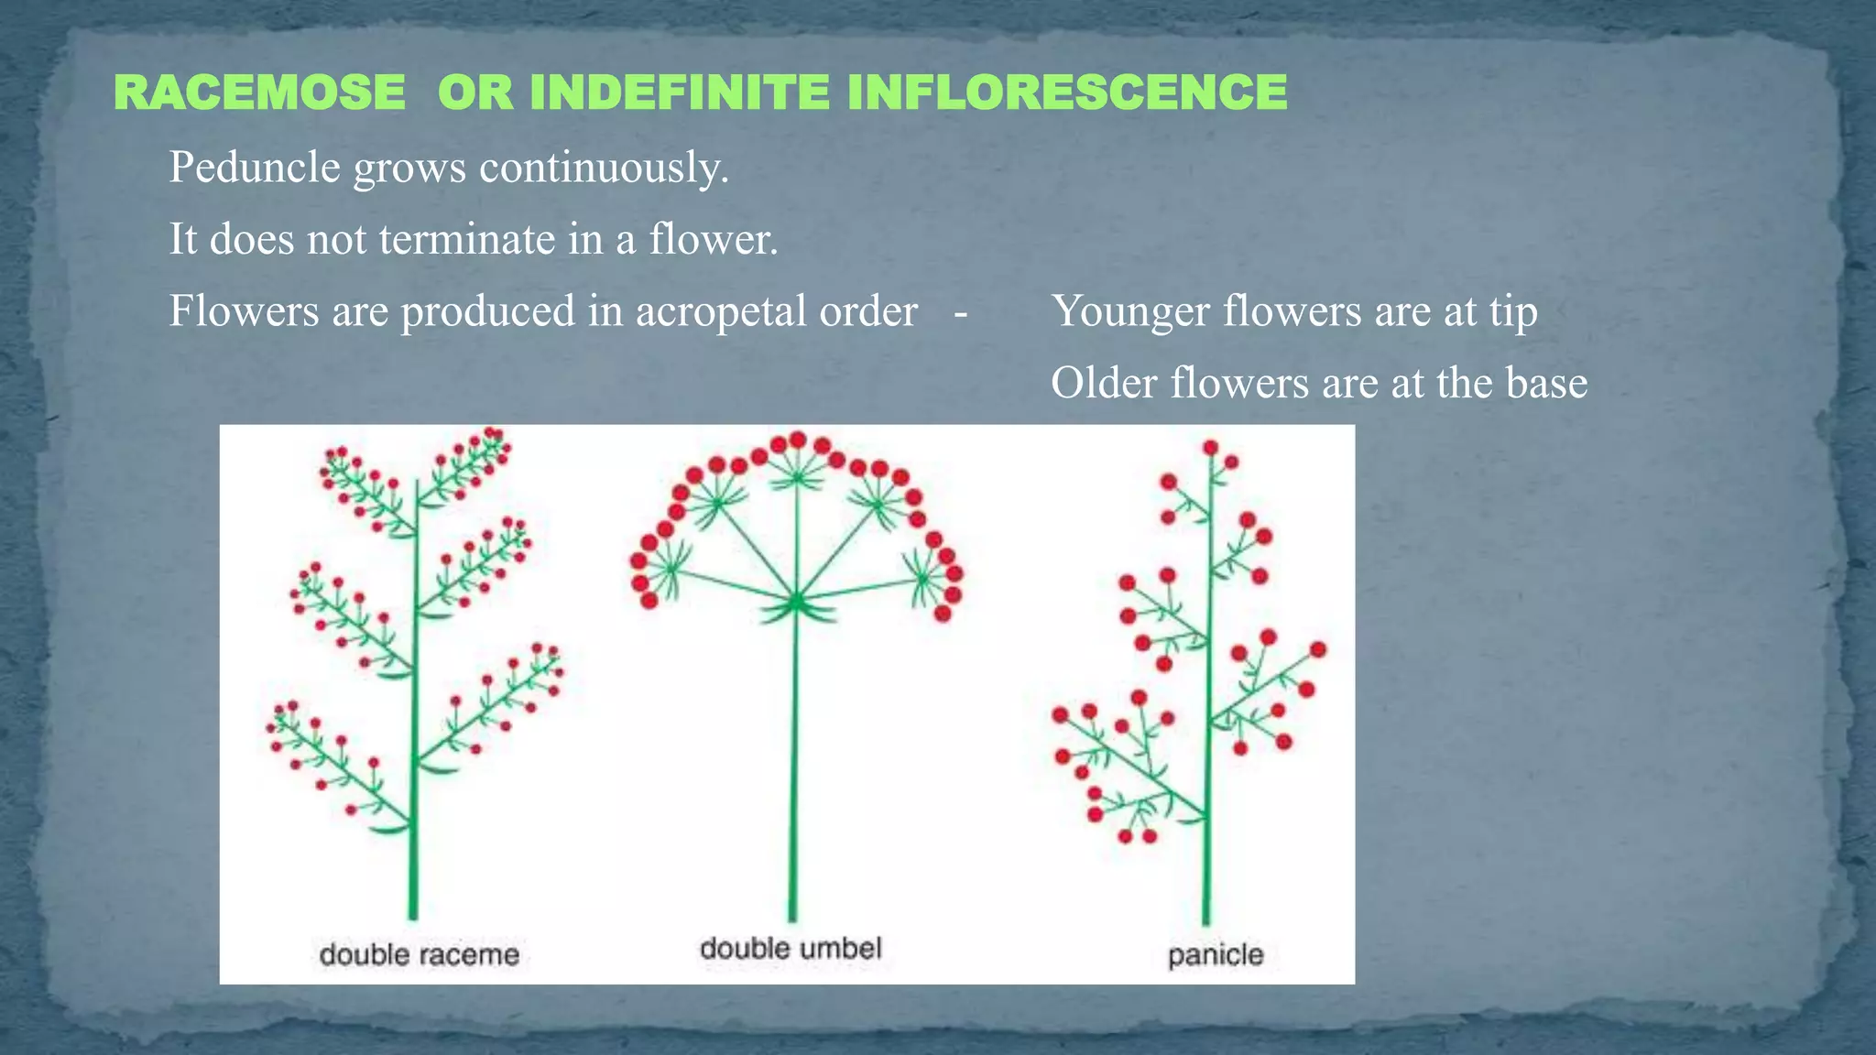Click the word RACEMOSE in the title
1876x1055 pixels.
pyautogui.click(x=260, y=92)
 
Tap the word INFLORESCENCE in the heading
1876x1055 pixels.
pyautogui.click(x=1067, y=92)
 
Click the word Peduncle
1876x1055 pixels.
pyautogui.click(x=255, y=168)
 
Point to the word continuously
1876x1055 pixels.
pyautogui.click(x=604, y=168)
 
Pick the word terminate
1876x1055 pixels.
pyautogui.click(x=467, y=240)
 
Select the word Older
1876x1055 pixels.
pyautogui.click(x=1105, y=383)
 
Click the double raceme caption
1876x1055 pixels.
pyautogui.click(x=420, y=955)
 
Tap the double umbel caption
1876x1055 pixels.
pyautogui.click(x=791, y=948)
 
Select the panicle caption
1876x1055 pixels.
pyautogui.click(x=1216, y=955)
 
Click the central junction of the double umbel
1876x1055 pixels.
pyautogui.click(x=796, y=602)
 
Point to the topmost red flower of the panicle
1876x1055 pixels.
pyautogui.click(x=1210, y=448)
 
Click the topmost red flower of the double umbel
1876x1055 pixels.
pyautogui.click(x=798, y=440)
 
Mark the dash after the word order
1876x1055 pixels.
pyautogui.click(x=960, y=312)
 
